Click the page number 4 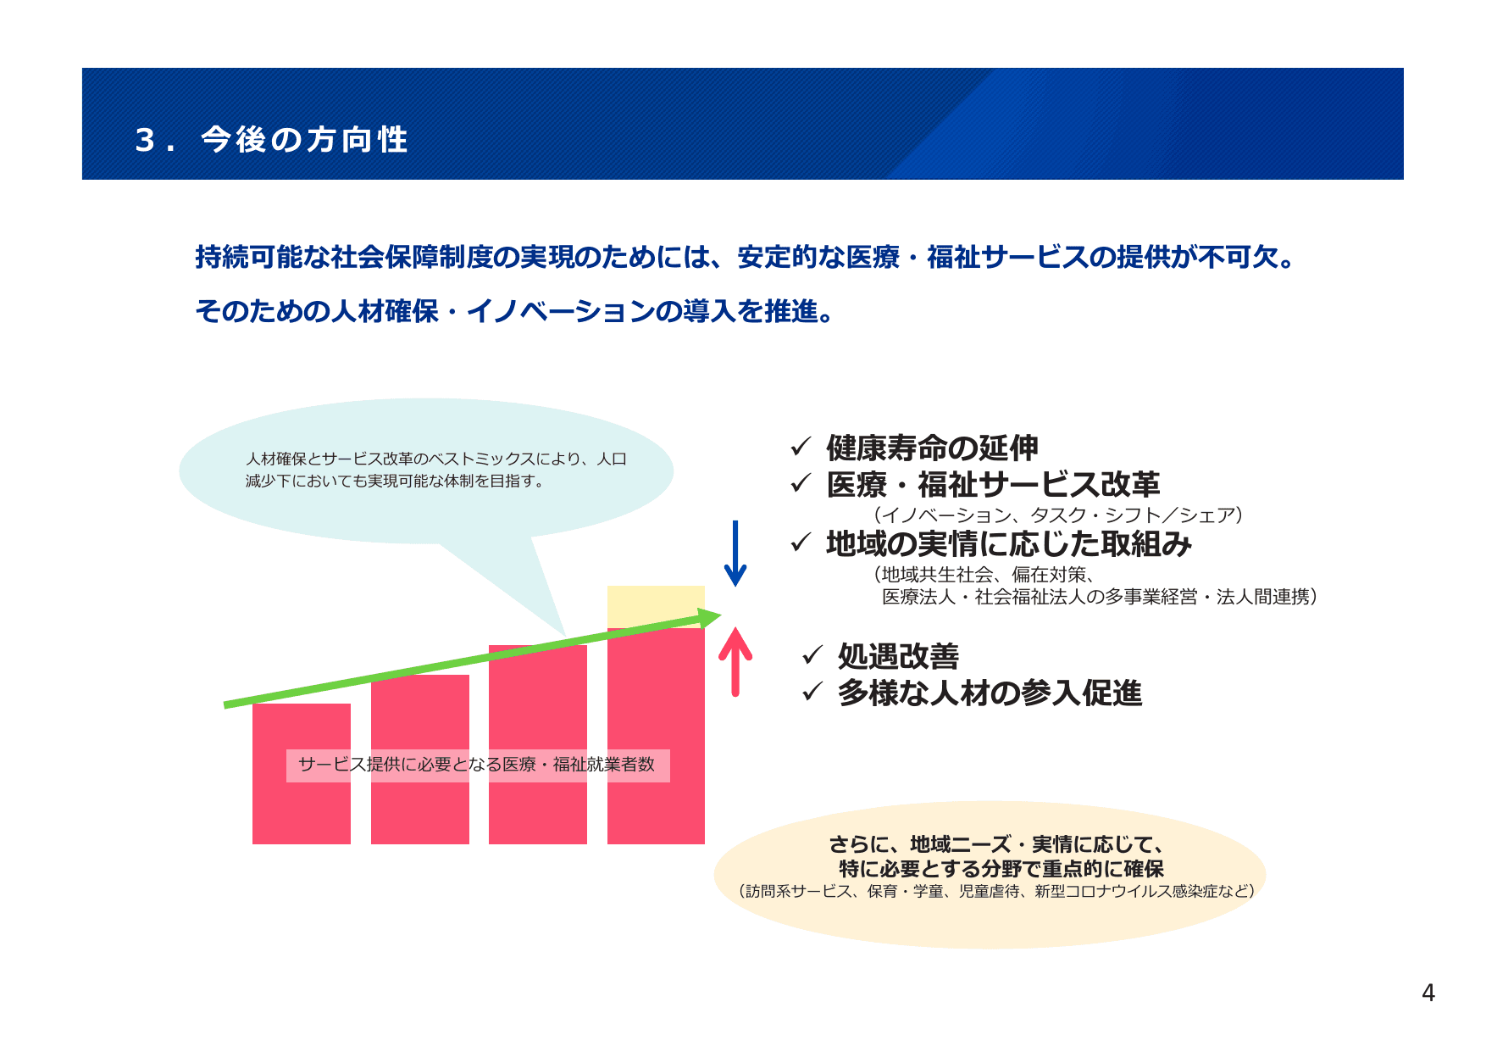1428,993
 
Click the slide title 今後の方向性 305,140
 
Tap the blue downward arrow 735,554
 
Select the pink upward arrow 735,661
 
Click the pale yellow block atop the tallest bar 656,604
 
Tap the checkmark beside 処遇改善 812,654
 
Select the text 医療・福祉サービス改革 992,485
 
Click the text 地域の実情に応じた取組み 1008,543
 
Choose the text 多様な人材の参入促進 990,693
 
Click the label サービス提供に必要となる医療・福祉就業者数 477,765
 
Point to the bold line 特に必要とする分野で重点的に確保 1001,869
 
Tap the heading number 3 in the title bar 145,140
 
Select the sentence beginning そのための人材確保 516,311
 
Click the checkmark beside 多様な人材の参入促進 812,692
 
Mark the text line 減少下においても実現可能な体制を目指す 395,481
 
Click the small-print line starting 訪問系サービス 996,891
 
